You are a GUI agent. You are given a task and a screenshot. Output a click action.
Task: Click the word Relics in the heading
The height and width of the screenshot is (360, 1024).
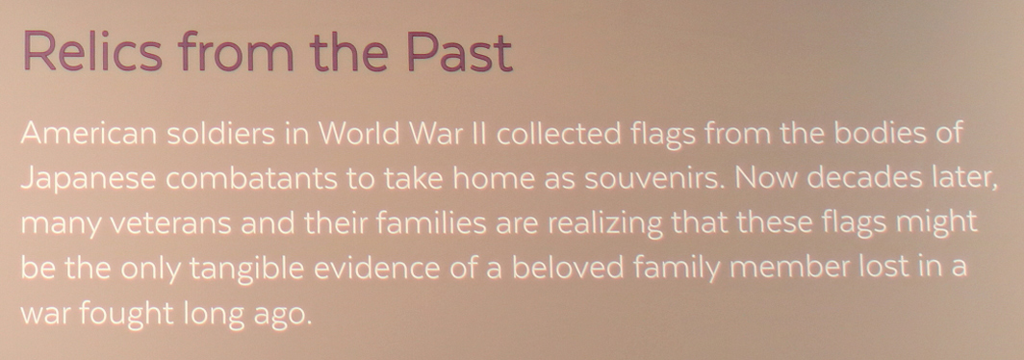click(x=92, y=50)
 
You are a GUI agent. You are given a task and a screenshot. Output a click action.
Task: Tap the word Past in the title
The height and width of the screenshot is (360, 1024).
click(x=459, y=50)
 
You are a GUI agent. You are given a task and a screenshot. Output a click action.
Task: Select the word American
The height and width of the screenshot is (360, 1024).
click(x=89, y=134)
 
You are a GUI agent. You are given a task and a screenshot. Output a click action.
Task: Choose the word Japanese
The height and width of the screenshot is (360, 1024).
click(x=89, y=179)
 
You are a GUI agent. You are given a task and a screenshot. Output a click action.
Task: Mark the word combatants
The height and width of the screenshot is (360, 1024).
click(x=251, y=178)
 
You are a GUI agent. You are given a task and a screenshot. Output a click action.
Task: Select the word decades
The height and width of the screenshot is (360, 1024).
click(x=860, y=178)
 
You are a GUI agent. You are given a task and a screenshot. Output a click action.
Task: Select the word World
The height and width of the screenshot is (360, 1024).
click(x=363, y=134)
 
